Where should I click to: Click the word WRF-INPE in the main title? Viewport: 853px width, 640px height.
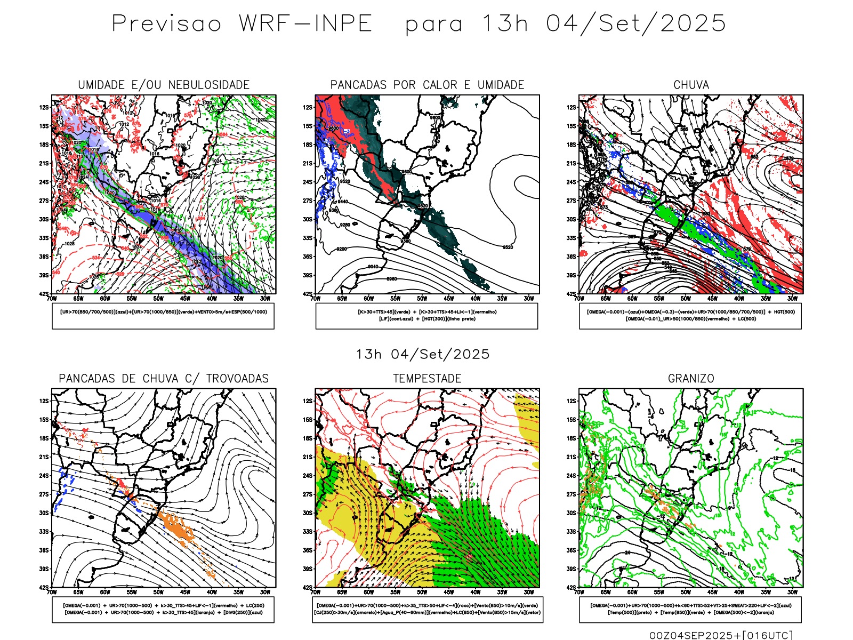point(305,23)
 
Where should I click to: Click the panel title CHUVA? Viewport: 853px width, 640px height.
point(691,85)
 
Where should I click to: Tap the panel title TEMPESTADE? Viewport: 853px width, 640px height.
point(427,379)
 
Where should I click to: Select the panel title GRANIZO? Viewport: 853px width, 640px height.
point(691,379)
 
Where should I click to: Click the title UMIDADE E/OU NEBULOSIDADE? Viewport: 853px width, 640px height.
point(164,85)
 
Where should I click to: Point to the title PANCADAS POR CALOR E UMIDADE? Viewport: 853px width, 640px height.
point(427,85)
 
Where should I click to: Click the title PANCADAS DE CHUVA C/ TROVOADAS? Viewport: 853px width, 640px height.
point(164,379)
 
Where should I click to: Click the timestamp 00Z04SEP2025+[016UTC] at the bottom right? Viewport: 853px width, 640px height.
point(721,635)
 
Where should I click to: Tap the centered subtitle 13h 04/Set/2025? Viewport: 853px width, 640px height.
point(423,354)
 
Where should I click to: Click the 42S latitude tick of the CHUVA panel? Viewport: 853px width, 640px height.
point(572,294)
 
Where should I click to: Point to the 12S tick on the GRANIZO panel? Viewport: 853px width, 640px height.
point(572,401)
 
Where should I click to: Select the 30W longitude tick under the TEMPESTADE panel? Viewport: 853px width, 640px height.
point(529,592)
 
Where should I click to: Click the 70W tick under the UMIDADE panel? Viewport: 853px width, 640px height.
point(52,299)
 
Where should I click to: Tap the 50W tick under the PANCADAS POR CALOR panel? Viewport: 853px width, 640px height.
point(422,299)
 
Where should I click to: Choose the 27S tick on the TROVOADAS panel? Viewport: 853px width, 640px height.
point(44,494)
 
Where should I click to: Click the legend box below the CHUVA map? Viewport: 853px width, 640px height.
point(690,316)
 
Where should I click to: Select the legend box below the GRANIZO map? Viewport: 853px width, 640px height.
point(690,609)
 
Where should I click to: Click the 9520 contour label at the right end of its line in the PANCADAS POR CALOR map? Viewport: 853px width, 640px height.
point(508,247)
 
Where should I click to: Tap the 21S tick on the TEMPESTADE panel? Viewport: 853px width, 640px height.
point(308,457)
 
